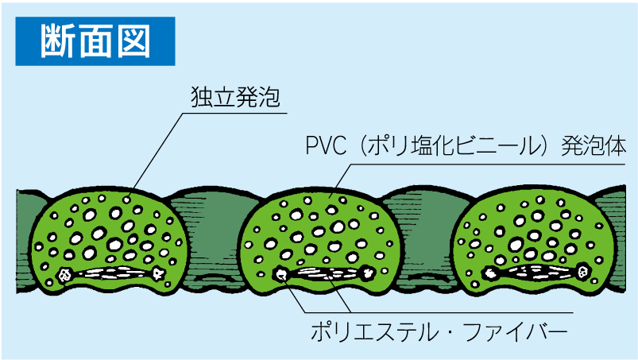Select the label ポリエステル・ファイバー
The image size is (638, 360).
tap(439, 330)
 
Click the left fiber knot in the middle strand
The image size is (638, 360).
tap(281, 275)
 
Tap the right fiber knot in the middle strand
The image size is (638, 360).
tap(368, 274)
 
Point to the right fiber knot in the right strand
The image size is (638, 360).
tap(584, 273)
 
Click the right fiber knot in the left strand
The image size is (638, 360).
tap(159, 273)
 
